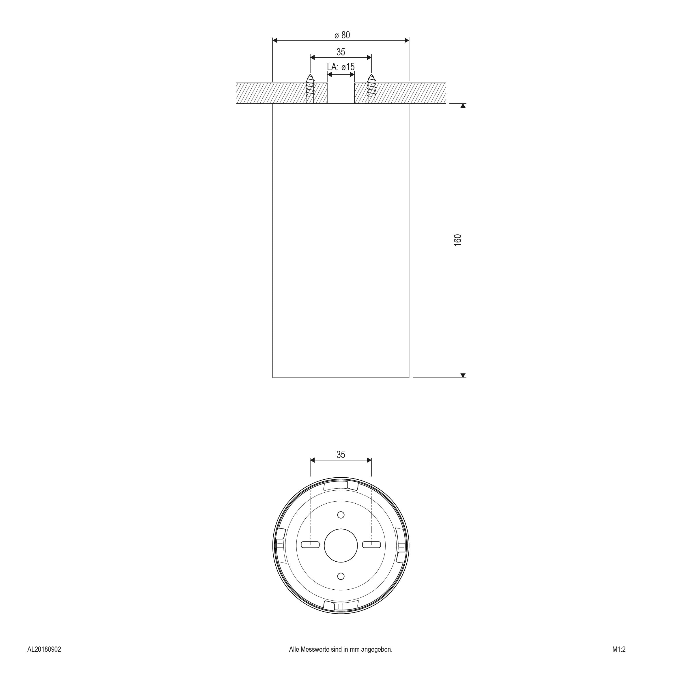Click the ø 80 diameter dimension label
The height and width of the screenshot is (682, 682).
(x=342, y=35)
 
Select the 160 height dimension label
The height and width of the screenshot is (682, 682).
(x=457, y=240)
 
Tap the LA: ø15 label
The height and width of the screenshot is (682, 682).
(x=341, y=67)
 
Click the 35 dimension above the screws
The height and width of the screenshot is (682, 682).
(x=341, y=52)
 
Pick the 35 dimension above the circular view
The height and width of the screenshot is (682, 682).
(x=341, y=455)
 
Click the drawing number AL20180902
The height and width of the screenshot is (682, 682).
(x=44, y=659)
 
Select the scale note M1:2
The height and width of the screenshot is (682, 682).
(x=619, y=659)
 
